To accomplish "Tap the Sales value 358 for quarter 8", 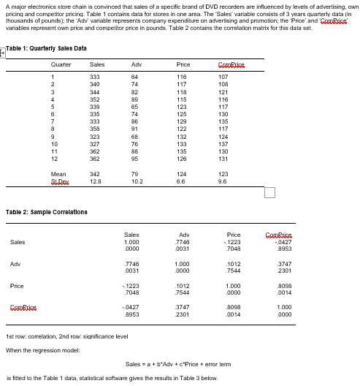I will pyautogui.click(x=95, y=129).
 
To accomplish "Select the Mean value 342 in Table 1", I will pyautogui.click(x=95, y=173).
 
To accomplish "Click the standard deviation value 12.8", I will pyautogui.click(x=95, y=180).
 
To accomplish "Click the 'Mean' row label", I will pyautogui.click(x=52, y=173).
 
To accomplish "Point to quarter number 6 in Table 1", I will pyautogui.click(x=53, y=116).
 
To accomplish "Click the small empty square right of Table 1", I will pyautogui.click(x=269, y=192).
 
